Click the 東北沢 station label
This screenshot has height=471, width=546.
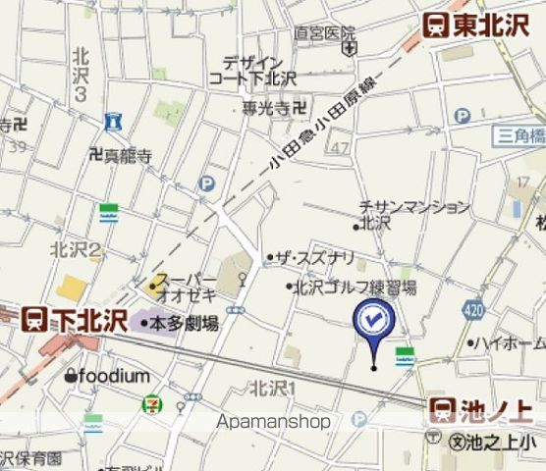click(x=477, y=26)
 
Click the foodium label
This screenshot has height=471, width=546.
click(x=109, y=377)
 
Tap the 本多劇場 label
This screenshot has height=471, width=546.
click(x=184, y=323)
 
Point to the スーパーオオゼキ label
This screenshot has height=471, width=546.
click(x=184, y=287)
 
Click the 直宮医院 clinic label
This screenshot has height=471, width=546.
click(x=324, y=33)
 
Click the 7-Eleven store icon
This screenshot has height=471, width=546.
click(x=153, y=403)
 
